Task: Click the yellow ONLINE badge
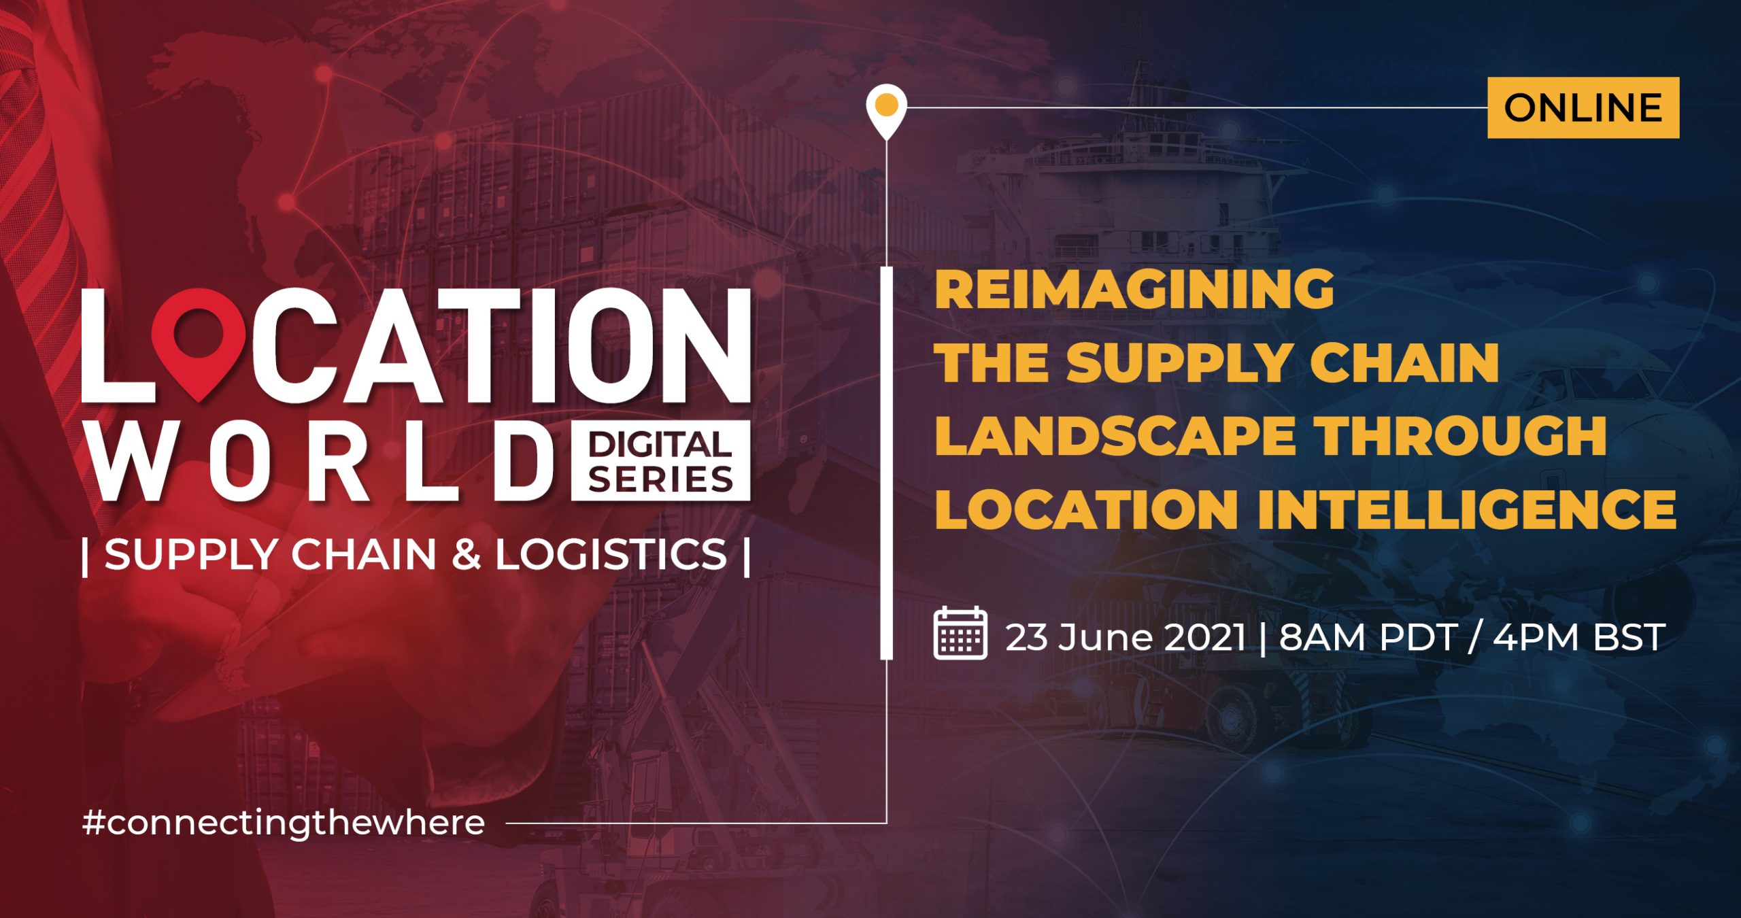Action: click(x=1583, y=107)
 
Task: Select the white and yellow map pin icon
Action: click(x=886, y=112)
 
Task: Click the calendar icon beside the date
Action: click(x=960, y=633)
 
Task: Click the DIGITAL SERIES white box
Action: click(x=660, y=461)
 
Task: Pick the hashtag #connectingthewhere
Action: click(x=284, y=823)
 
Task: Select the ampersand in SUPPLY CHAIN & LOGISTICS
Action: click(x=466, y=554)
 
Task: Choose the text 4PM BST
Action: click(x=1579, y=637)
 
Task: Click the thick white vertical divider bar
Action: click(x=886, y=462)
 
